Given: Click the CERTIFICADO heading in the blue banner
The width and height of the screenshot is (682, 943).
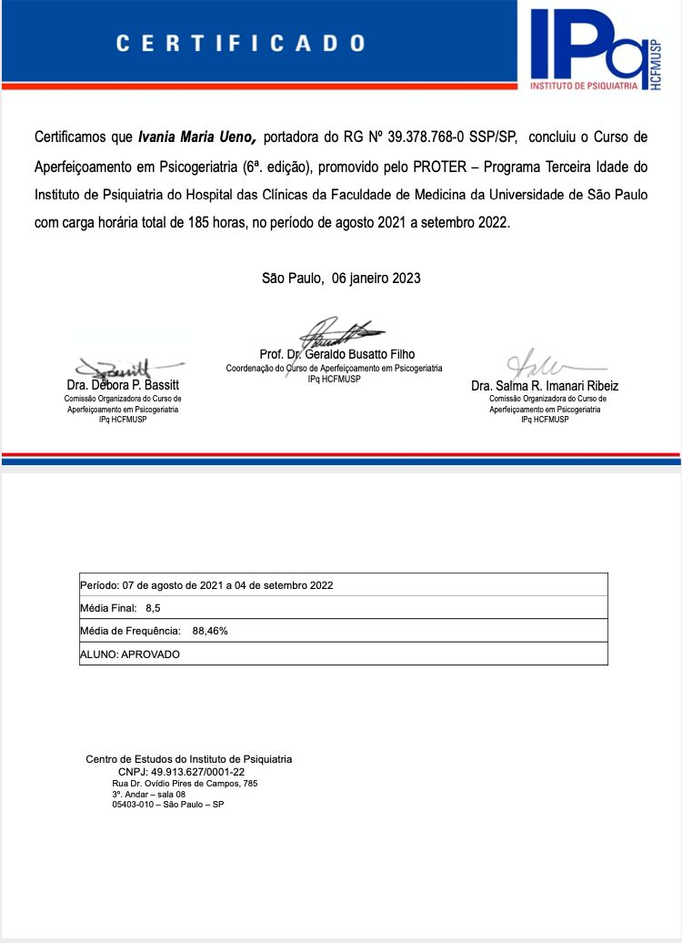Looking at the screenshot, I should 241,43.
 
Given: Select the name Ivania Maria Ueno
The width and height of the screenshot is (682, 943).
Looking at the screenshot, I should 197,137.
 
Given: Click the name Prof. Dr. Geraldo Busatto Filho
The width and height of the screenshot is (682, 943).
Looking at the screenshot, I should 337,354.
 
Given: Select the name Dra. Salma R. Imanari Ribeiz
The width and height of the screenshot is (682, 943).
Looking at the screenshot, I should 545,386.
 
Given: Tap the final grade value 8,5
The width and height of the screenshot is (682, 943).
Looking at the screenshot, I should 153,607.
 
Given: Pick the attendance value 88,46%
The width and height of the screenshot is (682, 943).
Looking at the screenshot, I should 210,630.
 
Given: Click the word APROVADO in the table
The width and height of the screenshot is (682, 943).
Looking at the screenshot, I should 150,654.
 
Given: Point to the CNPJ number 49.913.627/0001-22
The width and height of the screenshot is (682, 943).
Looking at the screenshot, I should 198,771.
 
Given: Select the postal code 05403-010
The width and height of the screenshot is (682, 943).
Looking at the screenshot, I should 130,805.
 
